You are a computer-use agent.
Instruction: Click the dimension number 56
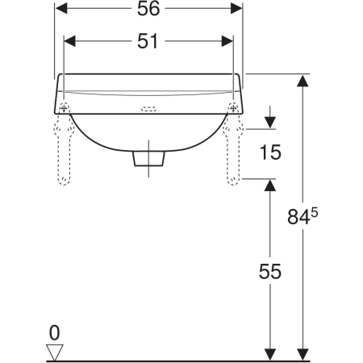[x=148, y=8]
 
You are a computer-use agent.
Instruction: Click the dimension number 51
[x=148, y=41]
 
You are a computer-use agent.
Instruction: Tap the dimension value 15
[x=270, y=152]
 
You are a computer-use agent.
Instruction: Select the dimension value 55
[x=270, y=271]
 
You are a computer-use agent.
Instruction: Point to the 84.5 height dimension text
[x=302, y=216]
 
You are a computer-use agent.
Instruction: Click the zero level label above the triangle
[x=54, y=333]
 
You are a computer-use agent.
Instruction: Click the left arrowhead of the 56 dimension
[x=61, y=8]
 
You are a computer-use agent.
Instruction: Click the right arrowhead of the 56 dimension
[x=236, y=8]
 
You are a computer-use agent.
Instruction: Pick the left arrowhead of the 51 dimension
[x=70, y=41]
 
